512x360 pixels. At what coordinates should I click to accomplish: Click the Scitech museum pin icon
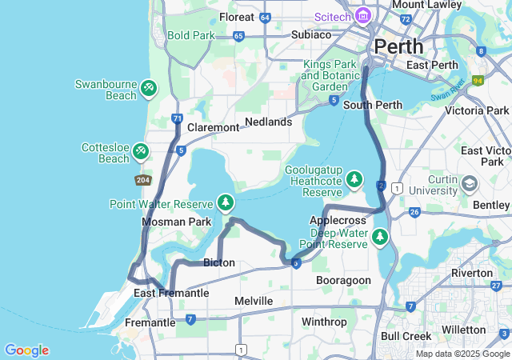click(x=363, y=16)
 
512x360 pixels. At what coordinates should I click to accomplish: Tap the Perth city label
click(x=398, y=46)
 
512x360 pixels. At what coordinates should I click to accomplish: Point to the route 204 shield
click(x=143, y=180)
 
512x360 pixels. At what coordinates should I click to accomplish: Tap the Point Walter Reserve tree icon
click(x=226, y=203)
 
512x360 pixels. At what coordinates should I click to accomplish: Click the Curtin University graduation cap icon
click(x=470, y=184)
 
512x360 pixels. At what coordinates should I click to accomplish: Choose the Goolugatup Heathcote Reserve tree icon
click(x=354, y=181)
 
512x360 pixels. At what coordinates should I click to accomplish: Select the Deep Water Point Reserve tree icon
click(x=379, y=237)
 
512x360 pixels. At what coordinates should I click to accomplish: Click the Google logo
click(x=26, y=350)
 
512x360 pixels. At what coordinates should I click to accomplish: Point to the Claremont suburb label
click(x=213, y=127)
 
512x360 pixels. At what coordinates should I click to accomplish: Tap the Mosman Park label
click(x=176, y=222)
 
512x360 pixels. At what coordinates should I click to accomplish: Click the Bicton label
click(x=219, y=262)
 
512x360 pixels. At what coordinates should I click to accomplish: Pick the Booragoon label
click(x=343, y=281)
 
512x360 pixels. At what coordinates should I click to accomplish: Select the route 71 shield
click(x=176, y=119)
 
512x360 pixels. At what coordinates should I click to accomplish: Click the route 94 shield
click(x=478, y=81)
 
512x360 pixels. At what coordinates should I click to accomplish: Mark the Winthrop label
click(x=324, y=322)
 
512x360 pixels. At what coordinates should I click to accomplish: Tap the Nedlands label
click(x=268, y=122)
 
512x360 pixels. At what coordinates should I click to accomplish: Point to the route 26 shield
click(x=414, y=212)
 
